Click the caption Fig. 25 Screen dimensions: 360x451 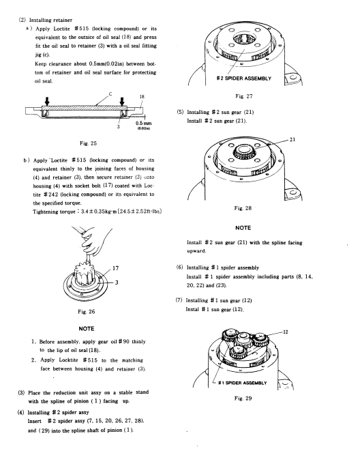88,143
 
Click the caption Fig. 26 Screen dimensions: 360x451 86,312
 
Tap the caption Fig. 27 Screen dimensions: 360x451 244,96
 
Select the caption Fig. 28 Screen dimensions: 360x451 243,208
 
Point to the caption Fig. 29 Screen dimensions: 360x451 243,398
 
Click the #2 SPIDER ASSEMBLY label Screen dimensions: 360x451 244,78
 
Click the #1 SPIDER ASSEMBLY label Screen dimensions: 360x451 243,383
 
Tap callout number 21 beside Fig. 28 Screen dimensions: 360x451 292,139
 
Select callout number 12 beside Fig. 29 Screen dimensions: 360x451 285,332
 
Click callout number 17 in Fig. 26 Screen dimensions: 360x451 115,268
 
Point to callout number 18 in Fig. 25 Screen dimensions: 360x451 142,97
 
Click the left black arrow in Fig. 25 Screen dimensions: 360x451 47,101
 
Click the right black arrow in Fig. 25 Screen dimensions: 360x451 122,101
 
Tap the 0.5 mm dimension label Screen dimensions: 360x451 144,123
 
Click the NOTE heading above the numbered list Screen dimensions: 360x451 87,328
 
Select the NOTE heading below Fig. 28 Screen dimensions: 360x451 243,228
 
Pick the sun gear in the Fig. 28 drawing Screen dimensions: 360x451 244,151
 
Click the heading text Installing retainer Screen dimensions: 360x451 50,20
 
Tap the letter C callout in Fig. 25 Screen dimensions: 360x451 110,93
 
